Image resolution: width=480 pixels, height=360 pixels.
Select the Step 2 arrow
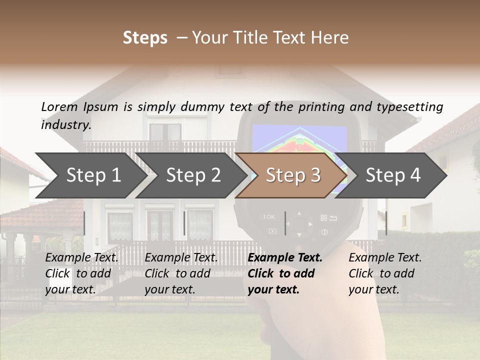pyautogui.click(x=193, y=175)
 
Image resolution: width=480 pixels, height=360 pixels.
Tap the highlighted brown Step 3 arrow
pyautogui.click(x=293, y=175)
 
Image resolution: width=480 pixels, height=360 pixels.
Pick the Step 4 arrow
pyautogui.click(x=393, y=175)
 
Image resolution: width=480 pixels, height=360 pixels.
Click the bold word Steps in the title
pyautogui.click(x=145, y=37)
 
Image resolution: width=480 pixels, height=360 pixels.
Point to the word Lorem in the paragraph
pyautogui.click(x=59, y=106)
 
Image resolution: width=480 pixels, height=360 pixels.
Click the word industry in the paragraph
pyautogui.click(x=65, y=124)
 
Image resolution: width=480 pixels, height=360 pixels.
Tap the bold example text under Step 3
pyautogui.click(x=285, y=273)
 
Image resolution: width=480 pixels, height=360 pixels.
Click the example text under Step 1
pyautogui.click(x=81, y=273)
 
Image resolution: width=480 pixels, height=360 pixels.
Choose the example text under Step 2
pyautogui.click(x=181, y=273)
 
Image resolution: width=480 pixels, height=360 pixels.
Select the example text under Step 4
pyautogui.click(x=385, y=273)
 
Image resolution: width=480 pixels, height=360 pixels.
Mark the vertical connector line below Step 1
pyautogui.click(x=84, y=223)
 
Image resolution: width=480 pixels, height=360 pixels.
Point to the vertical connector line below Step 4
pyautogui.click(x=385, y=223)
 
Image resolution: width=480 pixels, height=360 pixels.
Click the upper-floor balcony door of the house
pyautogui.click(x=165, y=132)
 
